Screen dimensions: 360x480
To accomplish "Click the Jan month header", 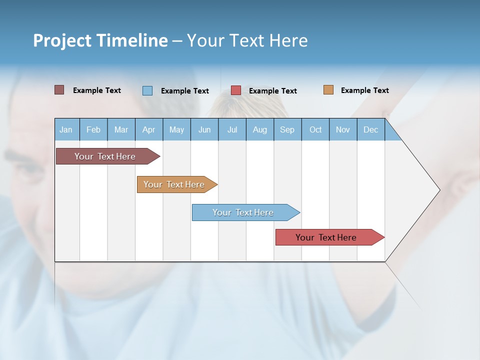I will tap(66, 129).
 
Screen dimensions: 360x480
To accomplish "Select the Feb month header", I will tap(93, 129).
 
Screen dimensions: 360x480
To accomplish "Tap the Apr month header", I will tap(148, 129).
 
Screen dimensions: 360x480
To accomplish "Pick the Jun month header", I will tap(204, 129).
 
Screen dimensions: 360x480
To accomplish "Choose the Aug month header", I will tap(259, 129).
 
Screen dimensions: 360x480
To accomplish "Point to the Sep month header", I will tap(287, 129).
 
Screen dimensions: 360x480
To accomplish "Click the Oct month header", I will tap(315, 129).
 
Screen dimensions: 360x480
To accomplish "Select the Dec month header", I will tap(370, 129).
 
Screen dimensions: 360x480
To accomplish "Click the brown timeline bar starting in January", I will tap(105, 156).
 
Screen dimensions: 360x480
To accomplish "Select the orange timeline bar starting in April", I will tap(174, 184).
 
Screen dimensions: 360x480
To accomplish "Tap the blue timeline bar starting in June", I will tap(243, 212).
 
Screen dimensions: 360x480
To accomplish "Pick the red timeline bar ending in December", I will tap(326, 237).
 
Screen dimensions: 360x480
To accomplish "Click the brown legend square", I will tap(59, 90).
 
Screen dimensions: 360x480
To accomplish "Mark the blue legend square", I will tap(147, 90).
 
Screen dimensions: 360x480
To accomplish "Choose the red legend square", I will tap(236, 90).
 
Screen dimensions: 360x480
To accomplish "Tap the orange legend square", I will tap(328, 90).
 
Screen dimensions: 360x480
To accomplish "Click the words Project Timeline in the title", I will tap(100, 40).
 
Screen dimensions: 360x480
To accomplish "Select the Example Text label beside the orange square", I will tap(364, 90).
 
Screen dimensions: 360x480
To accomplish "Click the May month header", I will tap(176, 129).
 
